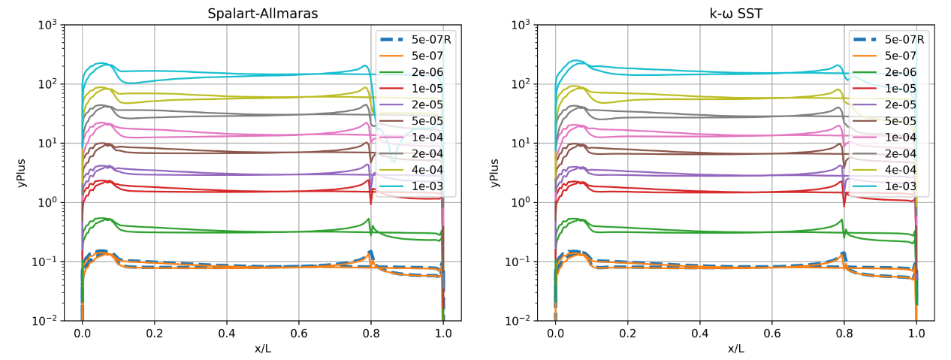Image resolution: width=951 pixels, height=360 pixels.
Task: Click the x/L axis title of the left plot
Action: [x=262, y=348]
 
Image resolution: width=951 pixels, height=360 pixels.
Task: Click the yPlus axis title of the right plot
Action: [x=495, y=173]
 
